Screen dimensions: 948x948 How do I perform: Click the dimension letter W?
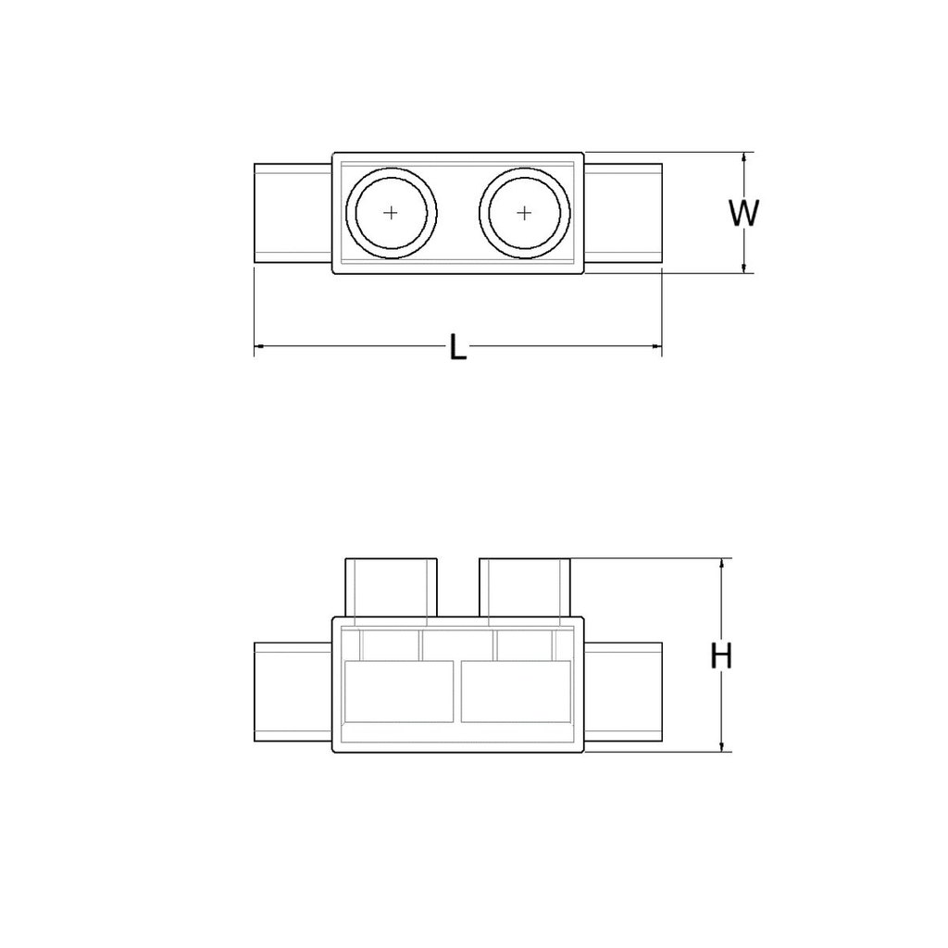point(742,213)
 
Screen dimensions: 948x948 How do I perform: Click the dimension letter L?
point(457,348)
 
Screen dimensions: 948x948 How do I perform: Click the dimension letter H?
point(721,656)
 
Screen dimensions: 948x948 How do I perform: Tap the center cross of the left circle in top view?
point(392,213)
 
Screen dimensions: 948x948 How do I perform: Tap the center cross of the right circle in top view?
point(524,213)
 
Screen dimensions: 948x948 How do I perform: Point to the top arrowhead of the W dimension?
point(743,158)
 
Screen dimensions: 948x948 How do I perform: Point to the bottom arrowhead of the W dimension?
point(743,268)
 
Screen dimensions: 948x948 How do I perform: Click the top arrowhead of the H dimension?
point(722,564)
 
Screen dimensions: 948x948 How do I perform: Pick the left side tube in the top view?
point(293,213)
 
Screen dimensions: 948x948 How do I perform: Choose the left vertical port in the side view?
point(391,587)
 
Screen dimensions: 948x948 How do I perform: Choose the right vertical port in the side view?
point(524,587)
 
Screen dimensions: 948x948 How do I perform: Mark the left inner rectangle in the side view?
point(398,691)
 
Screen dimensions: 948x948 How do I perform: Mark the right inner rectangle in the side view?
point(515,691)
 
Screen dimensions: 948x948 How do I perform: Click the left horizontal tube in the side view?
point(293,692)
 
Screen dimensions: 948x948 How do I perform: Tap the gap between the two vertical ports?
point(457,589)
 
